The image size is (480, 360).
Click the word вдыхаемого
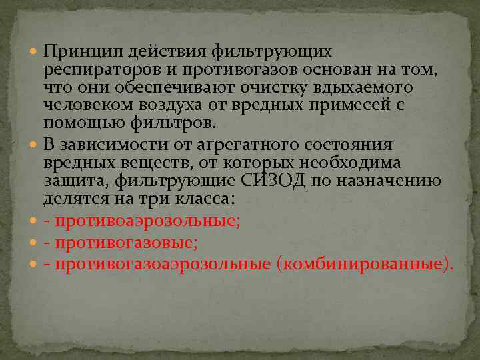click(363, 88)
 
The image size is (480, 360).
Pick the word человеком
click(85, 105)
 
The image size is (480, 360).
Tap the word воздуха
click(170, 105)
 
